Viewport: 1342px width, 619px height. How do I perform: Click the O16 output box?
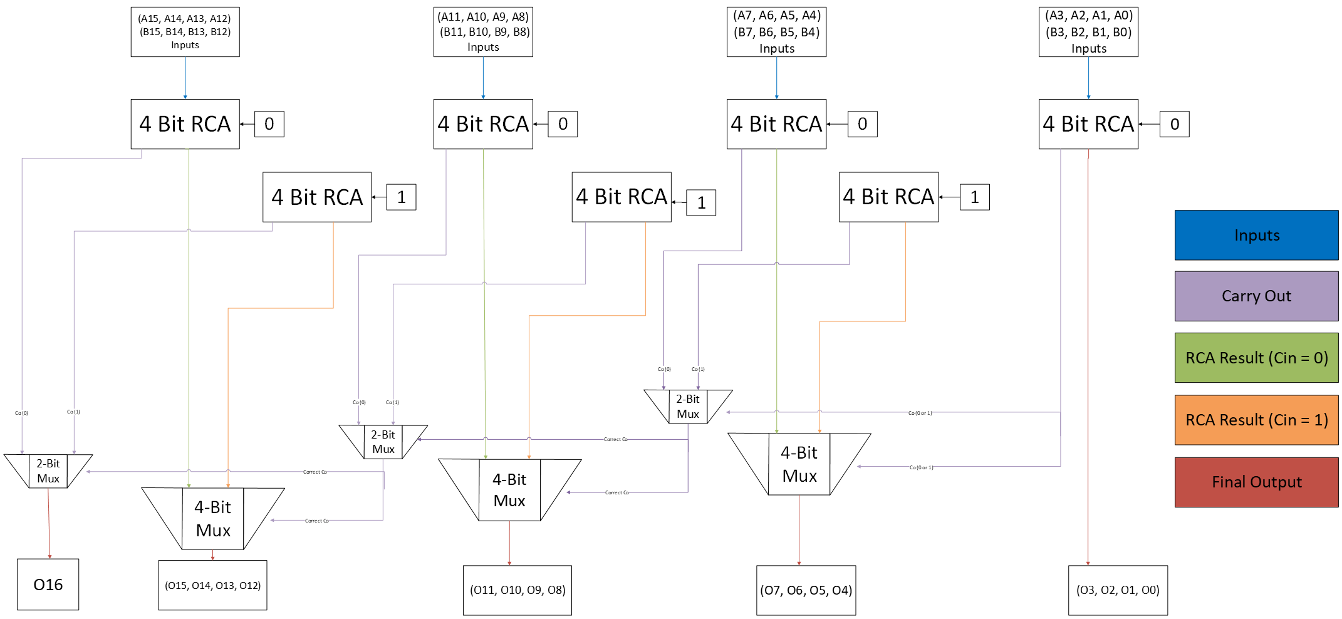coord(48,585)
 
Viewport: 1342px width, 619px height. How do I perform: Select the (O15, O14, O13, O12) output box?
coord(212,585)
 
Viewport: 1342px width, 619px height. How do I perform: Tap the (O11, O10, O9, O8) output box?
coord(517,590)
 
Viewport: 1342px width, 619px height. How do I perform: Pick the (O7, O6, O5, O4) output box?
coord(806,590)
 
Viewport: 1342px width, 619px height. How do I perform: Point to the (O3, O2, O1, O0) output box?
coord(1118,590)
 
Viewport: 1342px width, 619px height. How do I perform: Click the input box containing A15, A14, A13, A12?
coord(185,32)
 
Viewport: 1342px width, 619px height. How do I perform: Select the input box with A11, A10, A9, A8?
coord(483,32)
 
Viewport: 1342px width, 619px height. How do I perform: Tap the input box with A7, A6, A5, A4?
coord(776,32)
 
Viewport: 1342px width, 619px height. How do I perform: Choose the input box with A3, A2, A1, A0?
coord(1088,32)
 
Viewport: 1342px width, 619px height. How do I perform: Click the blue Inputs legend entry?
coord(1256,235)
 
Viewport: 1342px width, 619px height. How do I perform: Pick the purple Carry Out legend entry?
coord(1256,296)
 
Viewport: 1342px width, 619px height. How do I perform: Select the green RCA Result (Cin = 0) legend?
coord(1256,358)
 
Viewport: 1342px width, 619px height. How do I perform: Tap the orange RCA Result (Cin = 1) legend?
coord(1256,420)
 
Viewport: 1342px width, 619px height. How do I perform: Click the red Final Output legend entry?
coord(1256,482)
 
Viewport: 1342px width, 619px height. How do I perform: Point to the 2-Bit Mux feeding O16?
coord(48,471)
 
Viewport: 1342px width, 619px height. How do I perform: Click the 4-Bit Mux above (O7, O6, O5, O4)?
coord(799,464)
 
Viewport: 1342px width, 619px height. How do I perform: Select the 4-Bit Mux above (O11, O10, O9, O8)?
coord(509,490)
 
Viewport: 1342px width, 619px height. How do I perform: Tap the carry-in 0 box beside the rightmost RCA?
coord(1174,124)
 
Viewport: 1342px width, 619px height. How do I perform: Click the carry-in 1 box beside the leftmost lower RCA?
coord(401,197)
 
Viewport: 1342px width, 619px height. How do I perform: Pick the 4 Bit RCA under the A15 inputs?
coord(185,124)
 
